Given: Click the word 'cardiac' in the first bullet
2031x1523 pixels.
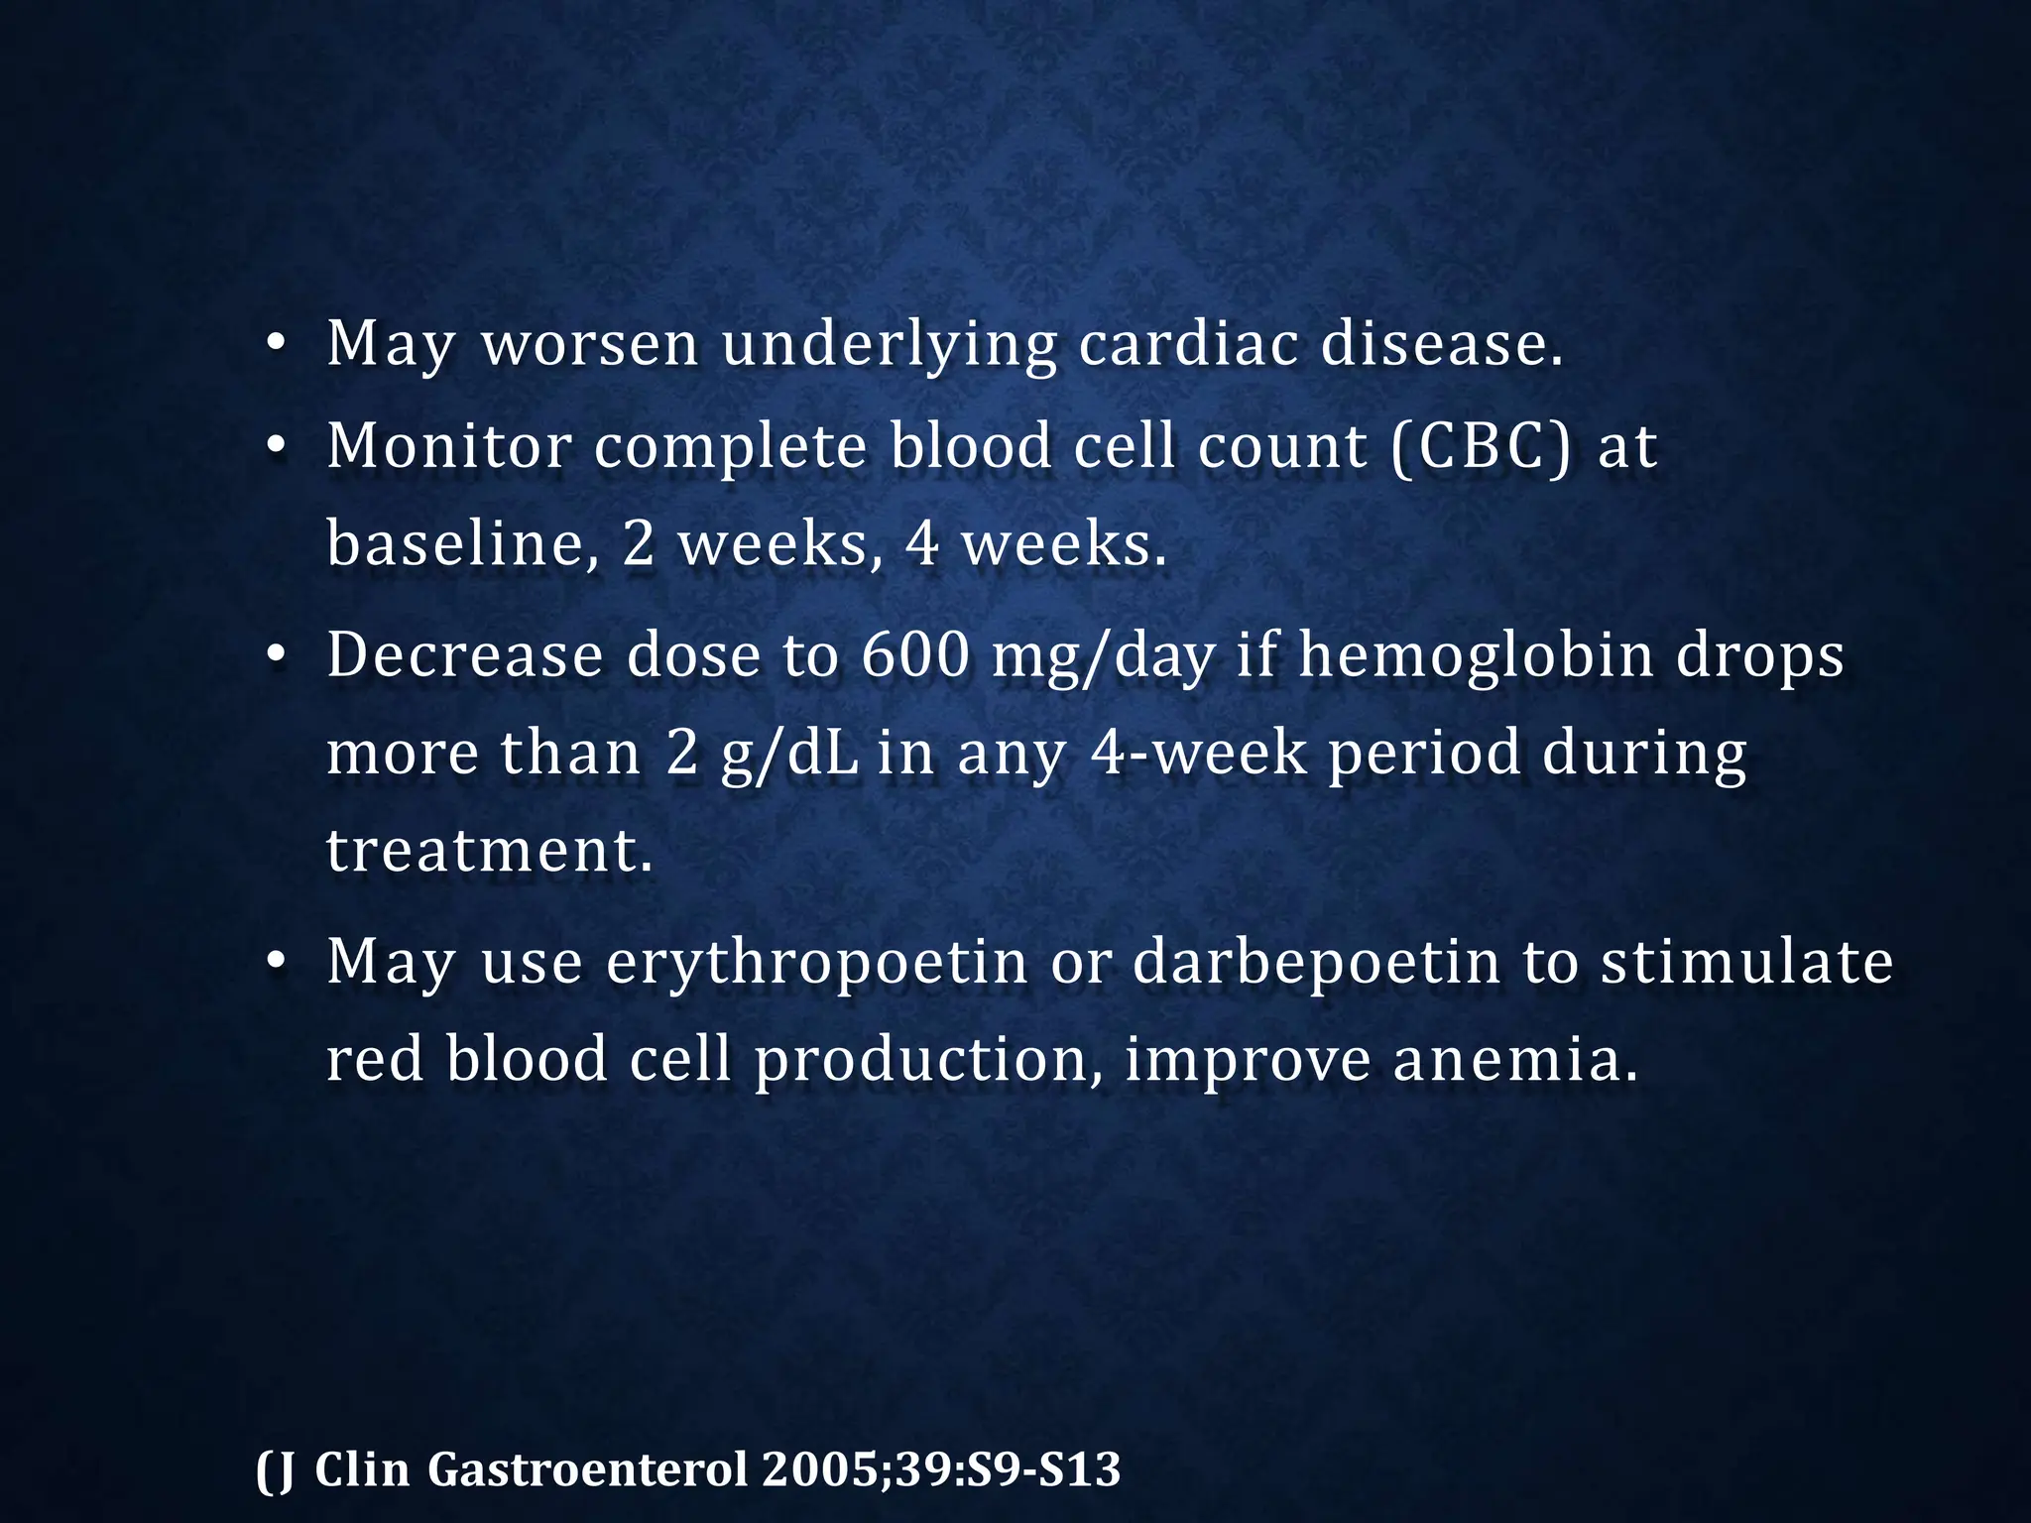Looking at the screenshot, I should (x=1187, y=344).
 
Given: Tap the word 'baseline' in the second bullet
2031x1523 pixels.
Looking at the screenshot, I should (x=455, y=544).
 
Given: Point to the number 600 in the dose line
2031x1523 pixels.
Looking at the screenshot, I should (x=914, y=655).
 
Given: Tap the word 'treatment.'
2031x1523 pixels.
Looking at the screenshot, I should (x=490, y=851).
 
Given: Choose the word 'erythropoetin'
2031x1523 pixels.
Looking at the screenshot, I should (x=816, y=963).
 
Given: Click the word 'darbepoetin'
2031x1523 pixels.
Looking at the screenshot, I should (x=1316, y=961).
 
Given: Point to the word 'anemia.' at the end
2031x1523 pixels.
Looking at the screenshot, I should (x=1514, y=1059).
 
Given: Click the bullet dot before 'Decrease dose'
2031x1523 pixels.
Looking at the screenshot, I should (x=277, y=656).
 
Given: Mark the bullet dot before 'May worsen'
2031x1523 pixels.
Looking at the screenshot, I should (x=277, y=345).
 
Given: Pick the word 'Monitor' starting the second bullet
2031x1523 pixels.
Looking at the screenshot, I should (x=448, y=445).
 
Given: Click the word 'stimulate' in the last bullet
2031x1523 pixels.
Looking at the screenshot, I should (x=1746, y=961).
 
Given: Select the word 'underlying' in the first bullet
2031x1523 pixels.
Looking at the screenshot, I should (x=889, y=346).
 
